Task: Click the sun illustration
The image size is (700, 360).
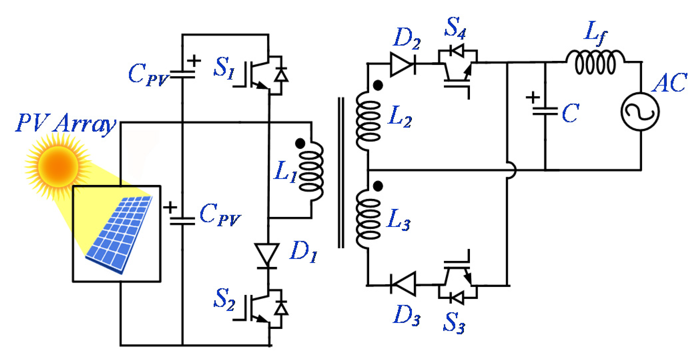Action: (x=58, y=166)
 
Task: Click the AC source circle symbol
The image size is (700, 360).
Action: (x=640, y=112)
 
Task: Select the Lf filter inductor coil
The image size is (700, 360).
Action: (x=595, y=62)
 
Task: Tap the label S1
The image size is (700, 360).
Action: (x=224, y=68)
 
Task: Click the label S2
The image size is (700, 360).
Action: (x=224, y=299)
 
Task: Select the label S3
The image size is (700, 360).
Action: (x=454, y=323)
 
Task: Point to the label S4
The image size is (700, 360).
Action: (x=455, y=27)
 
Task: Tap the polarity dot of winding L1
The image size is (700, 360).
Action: (x=300, y=144)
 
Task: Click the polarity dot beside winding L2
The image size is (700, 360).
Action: (x=378, y=86)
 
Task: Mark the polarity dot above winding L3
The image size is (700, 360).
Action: (x=378, y=186)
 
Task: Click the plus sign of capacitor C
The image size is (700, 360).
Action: (x=533, y=98)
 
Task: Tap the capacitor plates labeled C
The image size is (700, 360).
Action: (x=545, y=111)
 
